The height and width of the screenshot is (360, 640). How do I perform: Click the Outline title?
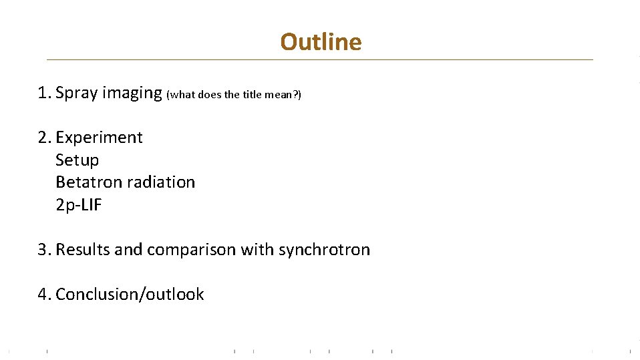(321, 42)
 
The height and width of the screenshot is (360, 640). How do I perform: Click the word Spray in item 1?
(77, 93)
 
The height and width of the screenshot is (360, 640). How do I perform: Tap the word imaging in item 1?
(132, 93)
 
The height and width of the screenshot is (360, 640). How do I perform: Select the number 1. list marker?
(45, 93)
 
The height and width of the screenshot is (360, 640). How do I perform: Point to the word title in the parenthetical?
(252, 95)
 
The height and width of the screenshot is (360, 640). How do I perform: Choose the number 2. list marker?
(45, 138)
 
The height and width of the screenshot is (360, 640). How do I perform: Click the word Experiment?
(99, 138)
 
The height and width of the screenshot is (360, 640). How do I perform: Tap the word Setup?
(77, 160)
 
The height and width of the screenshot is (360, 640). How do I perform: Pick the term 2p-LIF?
(78, 205)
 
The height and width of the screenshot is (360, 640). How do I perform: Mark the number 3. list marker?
(45, 250)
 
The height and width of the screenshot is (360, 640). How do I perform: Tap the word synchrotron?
(324, 250)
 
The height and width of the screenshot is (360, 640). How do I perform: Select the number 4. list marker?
(45, 295)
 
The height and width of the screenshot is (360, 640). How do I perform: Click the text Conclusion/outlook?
(130, 295)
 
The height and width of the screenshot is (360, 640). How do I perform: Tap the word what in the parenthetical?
(182, 95)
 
